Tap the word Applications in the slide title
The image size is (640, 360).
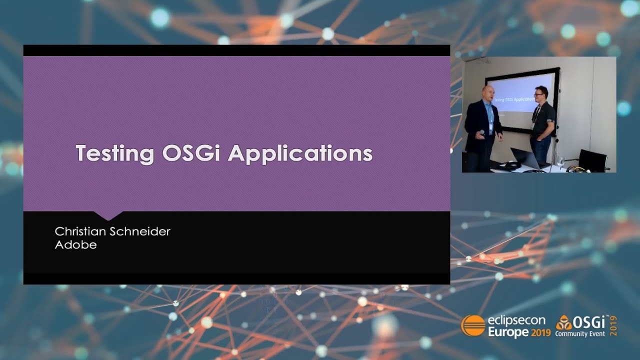click(300, 153)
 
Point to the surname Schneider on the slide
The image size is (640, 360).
click(142, 231)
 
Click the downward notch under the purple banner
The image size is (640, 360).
click(108, 215)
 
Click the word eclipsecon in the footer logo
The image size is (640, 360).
click(517, 321)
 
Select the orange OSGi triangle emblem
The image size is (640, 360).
click(563, 322)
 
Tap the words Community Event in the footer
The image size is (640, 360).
click(580, 333)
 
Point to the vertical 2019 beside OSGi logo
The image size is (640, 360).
click(613, 325)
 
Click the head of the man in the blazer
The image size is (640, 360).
click(488, 93)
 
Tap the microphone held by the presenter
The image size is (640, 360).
click(482, 133)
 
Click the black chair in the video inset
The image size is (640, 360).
click(592, 160)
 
